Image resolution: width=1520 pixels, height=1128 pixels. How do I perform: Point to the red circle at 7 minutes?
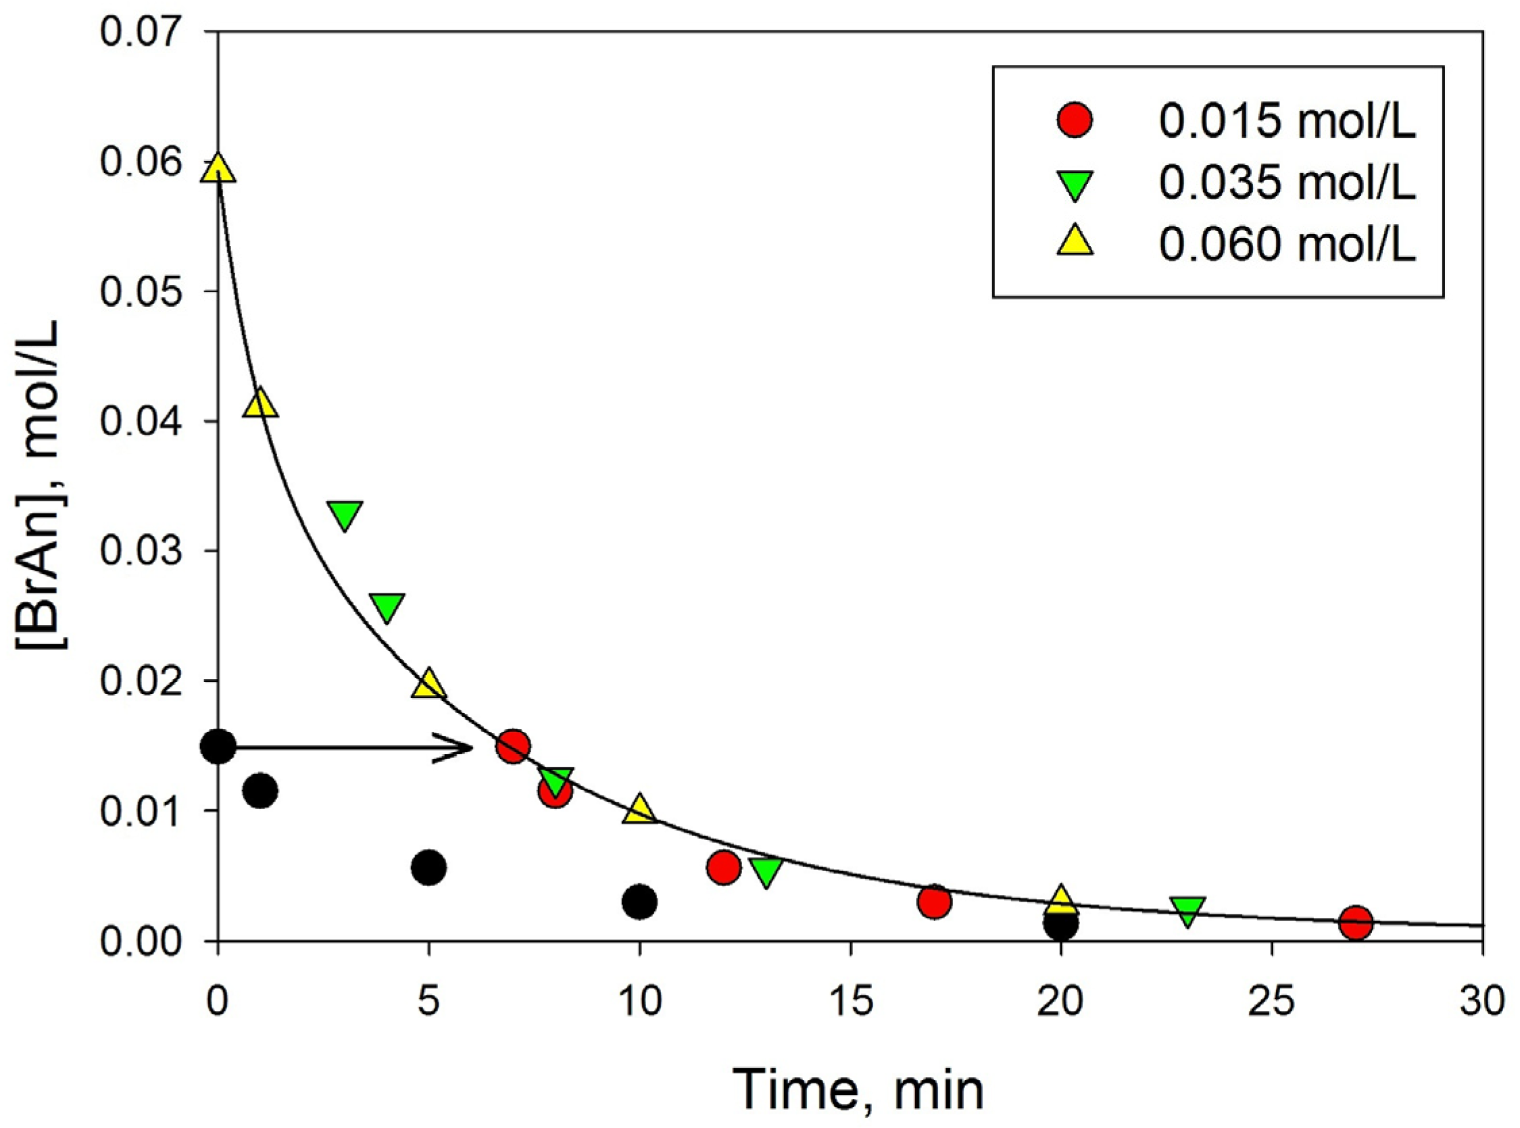(x=514, y=747)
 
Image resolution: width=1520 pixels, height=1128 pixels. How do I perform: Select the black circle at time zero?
(x=218, y=746)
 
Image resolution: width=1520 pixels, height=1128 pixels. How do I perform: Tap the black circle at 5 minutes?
(x=428, y=868)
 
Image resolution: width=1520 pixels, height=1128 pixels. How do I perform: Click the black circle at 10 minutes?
(x=640, y=902)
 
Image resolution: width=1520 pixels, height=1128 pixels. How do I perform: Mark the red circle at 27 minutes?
(x=1356, y=923)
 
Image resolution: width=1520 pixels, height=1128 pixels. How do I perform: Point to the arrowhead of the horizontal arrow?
(x=468, y=747)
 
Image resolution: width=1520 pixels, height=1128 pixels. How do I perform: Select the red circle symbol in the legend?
(x=1075, y=120)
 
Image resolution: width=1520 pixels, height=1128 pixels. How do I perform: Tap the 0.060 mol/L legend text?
(x=1287, y=245)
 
